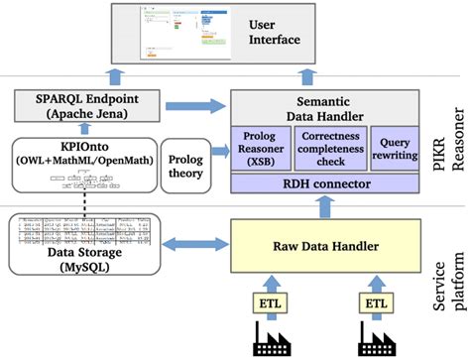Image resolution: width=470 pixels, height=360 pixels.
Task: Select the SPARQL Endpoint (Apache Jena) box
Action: click(76, 106)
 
